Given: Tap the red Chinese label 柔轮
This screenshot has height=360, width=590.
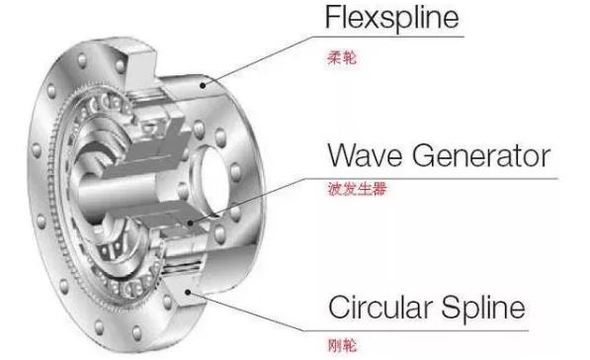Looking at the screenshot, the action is coord(340,59).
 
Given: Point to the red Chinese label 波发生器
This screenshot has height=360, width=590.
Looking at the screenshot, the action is coord(355,188).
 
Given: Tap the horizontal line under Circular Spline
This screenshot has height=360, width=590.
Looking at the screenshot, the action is coord(445,328).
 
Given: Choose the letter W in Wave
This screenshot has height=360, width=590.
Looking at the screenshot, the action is coord(341,155).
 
